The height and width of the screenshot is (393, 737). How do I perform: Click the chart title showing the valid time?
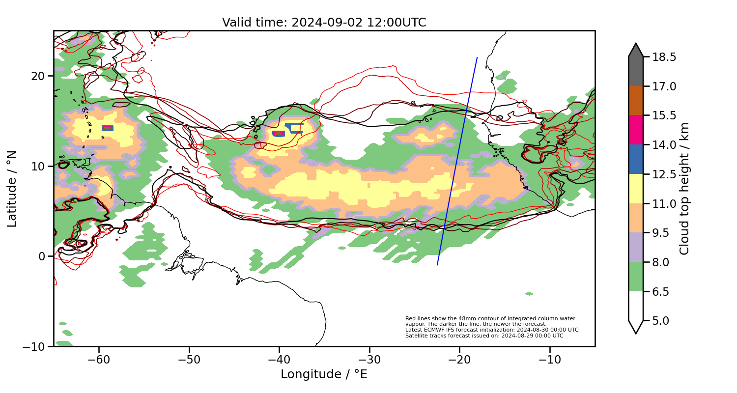point(324,23)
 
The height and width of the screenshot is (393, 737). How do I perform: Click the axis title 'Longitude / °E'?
point(324,374)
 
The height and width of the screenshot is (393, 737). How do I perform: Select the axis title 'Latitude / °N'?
point(12,189)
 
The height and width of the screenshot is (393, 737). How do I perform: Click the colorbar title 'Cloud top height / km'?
point(684,189)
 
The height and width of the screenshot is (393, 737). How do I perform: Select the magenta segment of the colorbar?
point(636,130)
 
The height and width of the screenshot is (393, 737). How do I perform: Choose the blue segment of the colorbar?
point(636,159)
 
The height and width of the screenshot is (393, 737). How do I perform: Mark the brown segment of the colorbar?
point(636,101)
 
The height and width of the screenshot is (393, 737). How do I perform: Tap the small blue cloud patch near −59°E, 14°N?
point(108,128)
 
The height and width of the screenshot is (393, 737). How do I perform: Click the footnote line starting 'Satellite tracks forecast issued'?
point(484,336)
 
